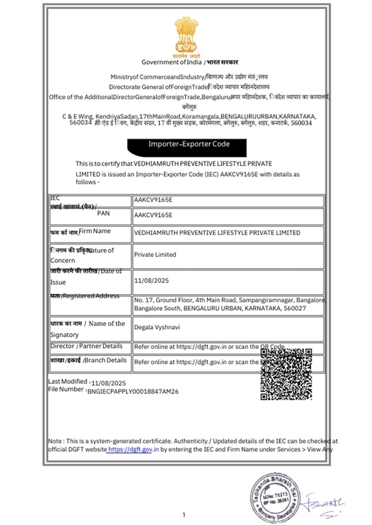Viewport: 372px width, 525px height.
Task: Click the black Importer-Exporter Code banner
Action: pos(187,145)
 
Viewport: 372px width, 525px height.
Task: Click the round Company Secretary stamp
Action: pos(273,491)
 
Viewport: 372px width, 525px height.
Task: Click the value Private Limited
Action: pos(155,255)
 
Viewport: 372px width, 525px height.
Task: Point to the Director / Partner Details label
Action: pos(86,346)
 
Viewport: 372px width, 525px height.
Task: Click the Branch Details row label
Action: pos(89,360)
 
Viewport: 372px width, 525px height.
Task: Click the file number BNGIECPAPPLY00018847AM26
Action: pos(133,392)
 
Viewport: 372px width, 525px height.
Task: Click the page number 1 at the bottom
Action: pos(184,515)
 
